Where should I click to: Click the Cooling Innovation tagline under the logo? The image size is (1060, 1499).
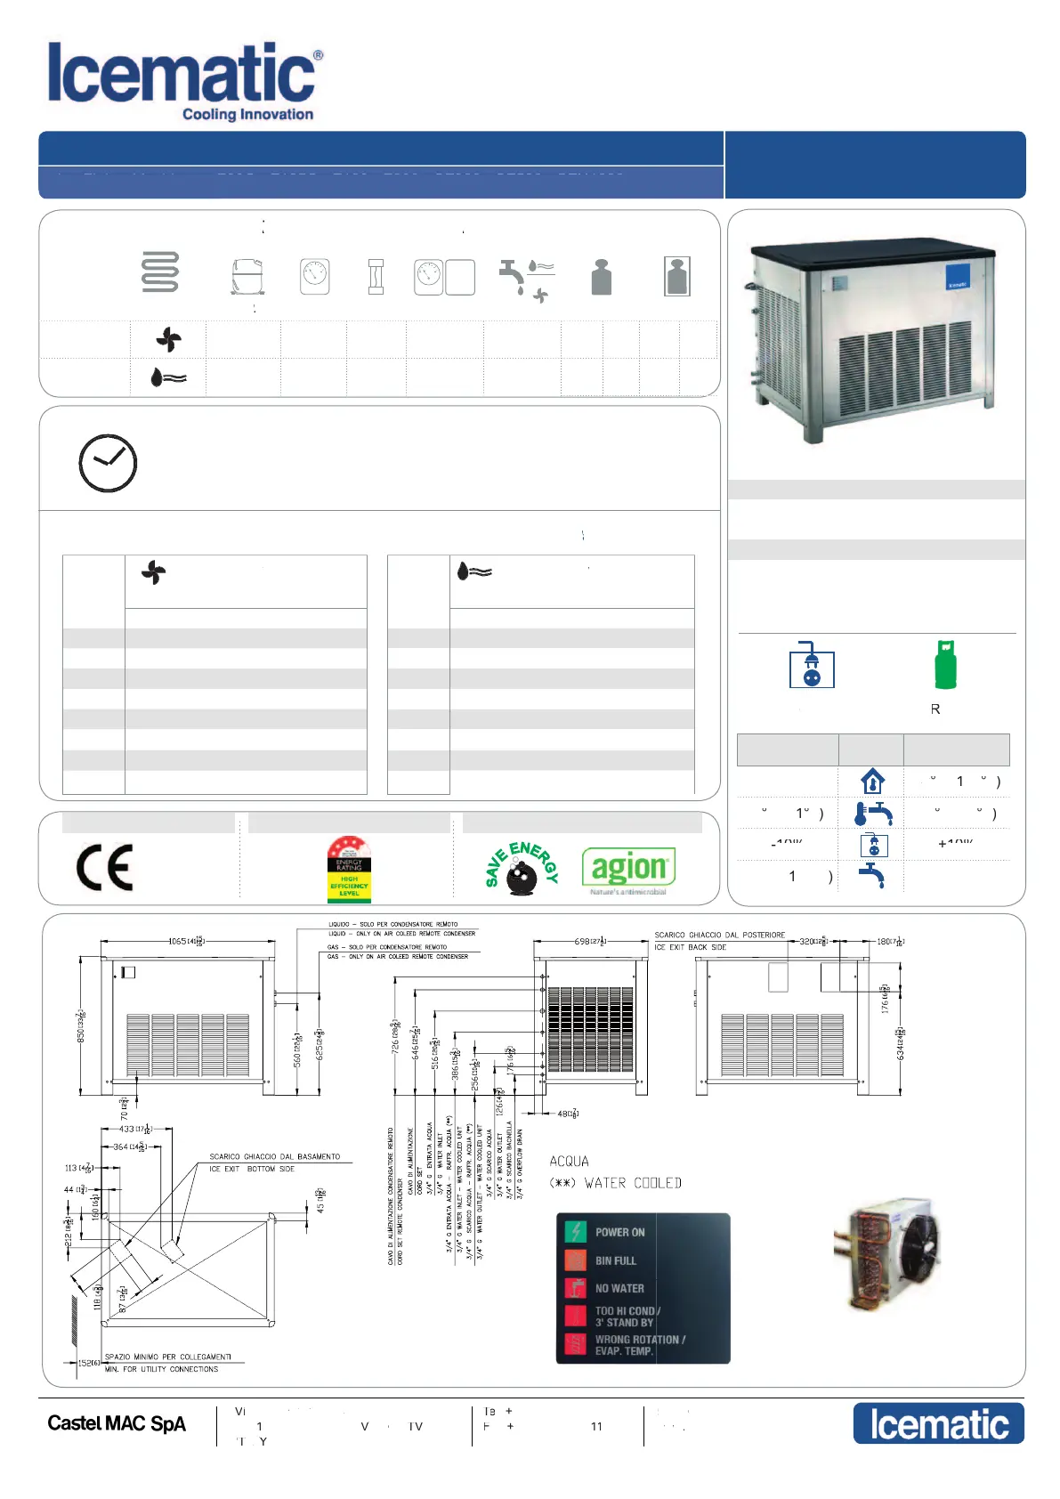247,114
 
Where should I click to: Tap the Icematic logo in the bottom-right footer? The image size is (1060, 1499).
938,1423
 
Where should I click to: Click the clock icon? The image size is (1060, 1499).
108,463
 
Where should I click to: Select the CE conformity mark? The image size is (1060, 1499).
105,868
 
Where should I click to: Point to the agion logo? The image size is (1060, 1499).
628,868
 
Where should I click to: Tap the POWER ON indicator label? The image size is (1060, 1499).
619,1232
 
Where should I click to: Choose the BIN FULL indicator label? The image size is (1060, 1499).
615,1260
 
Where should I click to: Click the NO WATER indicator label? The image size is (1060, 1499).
619,1288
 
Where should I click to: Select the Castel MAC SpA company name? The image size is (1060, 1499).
117,1423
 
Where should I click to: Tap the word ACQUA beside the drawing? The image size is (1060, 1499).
569,1161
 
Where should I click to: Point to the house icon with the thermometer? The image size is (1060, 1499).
872,782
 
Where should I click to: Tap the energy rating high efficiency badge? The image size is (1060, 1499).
349,869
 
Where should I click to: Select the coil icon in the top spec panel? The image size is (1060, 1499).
160,272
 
